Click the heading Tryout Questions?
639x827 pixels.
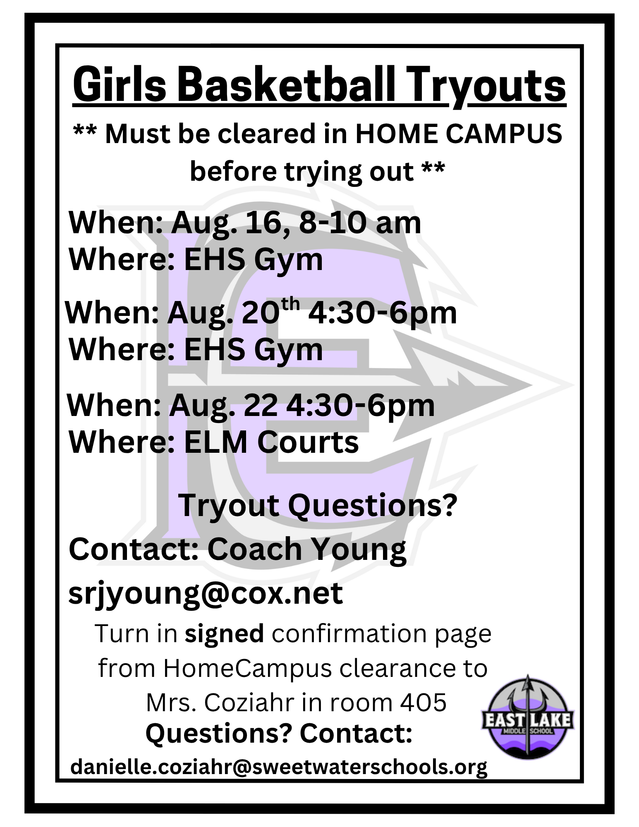coord(318,506)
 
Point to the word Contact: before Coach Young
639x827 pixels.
coord(134,550)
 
